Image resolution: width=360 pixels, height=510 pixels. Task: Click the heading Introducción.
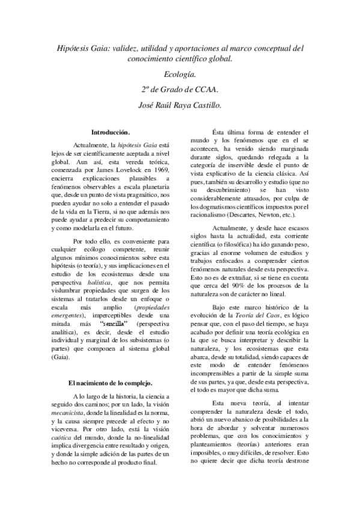111,132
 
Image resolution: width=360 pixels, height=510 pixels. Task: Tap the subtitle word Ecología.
180,75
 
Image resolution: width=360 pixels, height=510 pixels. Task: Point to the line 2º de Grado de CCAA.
180,90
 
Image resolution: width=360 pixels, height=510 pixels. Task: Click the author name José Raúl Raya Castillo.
180,106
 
